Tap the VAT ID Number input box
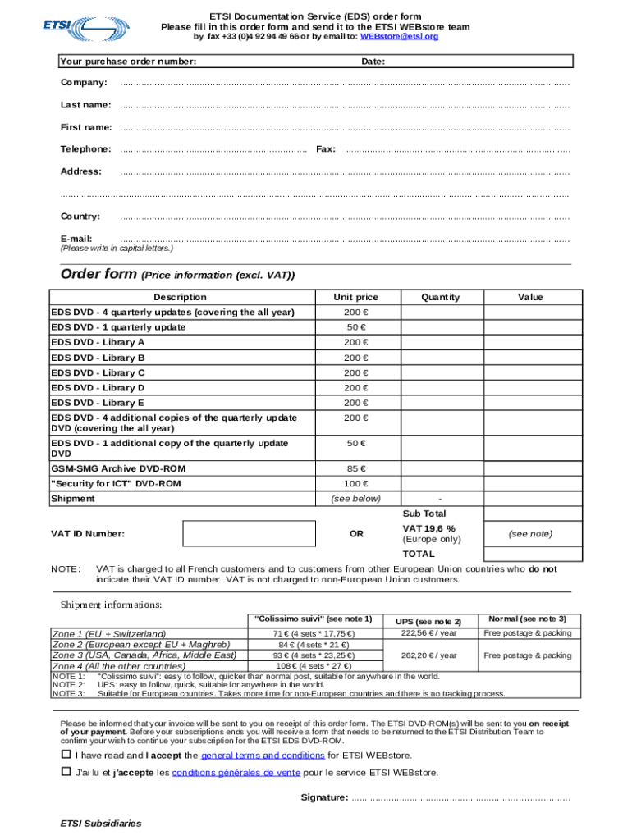click(249, 533)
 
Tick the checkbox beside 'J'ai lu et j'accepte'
click(66, 772)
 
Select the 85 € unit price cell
click(355, 468)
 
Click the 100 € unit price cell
click(355, 484)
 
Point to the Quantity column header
click(440, 297)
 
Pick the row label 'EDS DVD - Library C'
click(98, 372)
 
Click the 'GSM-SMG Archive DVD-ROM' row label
click(118, 468)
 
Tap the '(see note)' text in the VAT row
click(529, 534)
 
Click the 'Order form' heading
click(98, 275)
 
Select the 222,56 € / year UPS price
click(429, 633)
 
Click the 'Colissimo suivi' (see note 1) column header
click(314, 619)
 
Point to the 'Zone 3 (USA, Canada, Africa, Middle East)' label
click(144, 655)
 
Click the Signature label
click(324, 797)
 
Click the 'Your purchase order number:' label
click(128, 62)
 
